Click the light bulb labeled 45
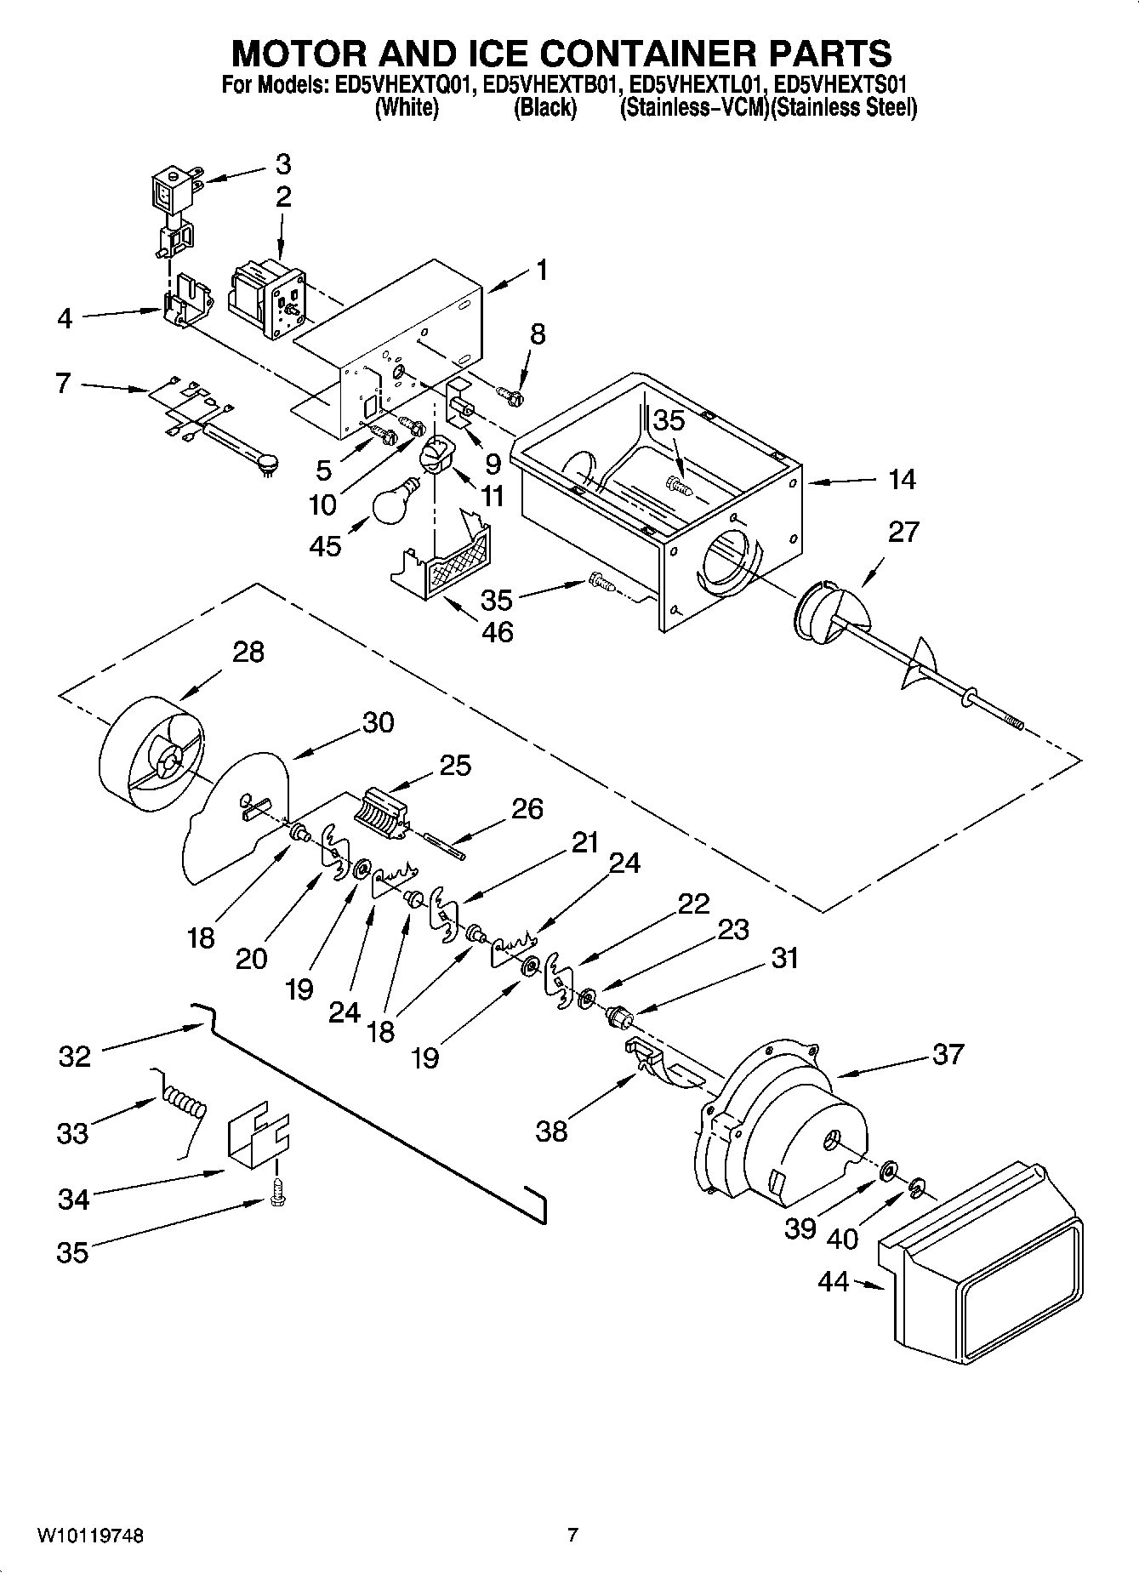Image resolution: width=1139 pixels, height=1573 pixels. (x=395, y=508)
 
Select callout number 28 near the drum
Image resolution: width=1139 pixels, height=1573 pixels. (x=248, y=653)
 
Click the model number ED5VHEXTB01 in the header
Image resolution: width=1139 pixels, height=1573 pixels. (x=547, y=85)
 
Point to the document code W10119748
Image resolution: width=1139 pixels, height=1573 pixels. (x=89, y=1536)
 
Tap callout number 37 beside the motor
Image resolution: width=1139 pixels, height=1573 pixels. (x=948, y=1054)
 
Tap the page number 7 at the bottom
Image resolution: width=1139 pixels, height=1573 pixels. (x=572, y=1536)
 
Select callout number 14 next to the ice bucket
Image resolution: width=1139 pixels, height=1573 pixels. (x=902, y=480)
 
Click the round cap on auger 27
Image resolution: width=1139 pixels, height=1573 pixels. (x=822, y=610)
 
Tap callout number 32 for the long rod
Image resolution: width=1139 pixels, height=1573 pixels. (x=75, y=1057)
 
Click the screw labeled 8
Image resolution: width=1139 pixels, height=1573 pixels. (x=511, y=395)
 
